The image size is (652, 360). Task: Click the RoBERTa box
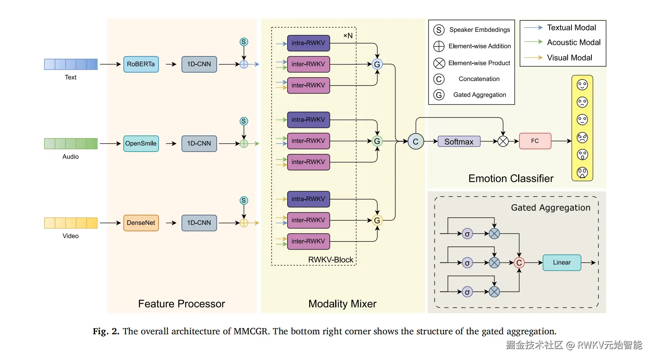coord(141,64)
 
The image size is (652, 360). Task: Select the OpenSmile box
coord(141,144)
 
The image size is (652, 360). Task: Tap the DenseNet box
coord(141,223)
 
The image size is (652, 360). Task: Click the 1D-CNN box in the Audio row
coord(199,144)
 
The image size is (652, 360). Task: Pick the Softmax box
coord(459,142)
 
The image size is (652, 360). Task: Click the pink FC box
coord(535,141)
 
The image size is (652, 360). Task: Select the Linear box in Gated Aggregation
coord(562,263)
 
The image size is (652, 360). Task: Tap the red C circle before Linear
coord(519,263)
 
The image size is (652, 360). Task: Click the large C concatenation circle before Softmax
coord(416,142)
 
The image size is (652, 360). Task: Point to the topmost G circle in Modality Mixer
coord(377,64)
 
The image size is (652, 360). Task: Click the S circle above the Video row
coord(244,200)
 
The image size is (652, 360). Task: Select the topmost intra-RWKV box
coord(308,43)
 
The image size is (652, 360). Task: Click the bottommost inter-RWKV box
coord(308,241)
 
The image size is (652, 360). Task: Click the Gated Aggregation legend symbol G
coord(439,95)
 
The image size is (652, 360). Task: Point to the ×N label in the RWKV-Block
coord(348,36)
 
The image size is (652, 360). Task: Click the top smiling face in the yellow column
coord(582,85)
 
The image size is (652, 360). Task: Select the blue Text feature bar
coord(71,64)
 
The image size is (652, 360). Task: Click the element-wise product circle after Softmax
coord(503,142)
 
